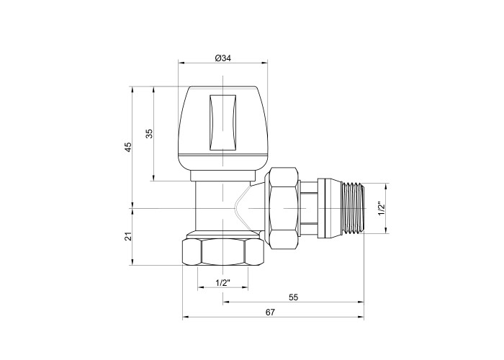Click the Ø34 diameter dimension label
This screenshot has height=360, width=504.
tap(222, 58)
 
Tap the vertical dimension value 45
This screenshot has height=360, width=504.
tap(128, 147)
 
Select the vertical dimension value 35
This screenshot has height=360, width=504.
tap(149, 133)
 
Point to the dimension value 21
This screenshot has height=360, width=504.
tap(128, 236)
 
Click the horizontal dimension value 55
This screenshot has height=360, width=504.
tap(294, 297)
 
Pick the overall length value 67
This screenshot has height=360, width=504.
tap(270, 312)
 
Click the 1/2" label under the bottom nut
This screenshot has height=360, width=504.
tap(223, 283)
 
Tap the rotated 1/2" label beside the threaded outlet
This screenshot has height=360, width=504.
tap(381, 209)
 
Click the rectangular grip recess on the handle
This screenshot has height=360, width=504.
tap(222, 122)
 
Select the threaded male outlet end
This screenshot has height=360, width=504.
tap(354, 208)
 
